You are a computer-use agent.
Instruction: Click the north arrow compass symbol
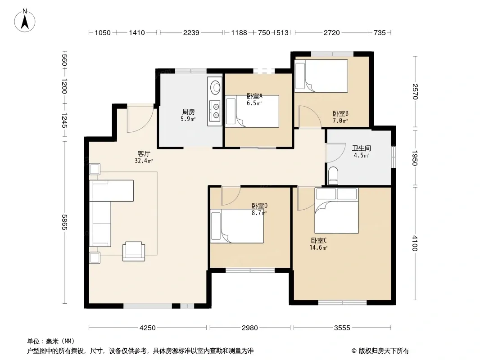[25, 21]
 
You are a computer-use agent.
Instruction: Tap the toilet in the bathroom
[333, 175]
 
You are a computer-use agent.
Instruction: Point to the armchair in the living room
[134, 251]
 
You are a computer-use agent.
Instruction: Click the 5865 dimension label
[64, 222]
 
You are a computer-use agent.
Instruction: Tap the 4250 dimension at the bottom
[148, 328]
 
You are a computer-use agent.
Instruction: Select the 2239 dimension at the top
[191, 32]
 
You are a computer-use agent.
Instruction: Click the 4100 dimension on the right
[415, 243]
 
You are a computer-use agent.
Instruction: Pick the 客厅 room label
[144, 153]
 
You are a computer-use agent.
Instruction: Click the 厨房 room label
[188, 112]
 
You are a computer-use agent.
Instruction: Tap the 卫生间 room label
[361, 148]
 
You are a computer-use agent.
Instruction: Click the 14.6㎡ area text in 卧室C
[318, 248]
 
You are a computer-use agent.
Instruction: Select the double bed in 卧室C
[336, 211]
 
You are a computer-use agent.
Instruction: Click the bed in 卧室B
[321, 76]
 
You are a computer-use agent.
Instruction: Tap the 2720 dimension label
[332, 32]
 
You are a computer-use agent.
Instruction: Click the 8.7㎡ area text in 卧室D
[259, 213]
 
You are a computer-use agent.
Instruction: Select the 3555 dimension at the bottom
[342, 328]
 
